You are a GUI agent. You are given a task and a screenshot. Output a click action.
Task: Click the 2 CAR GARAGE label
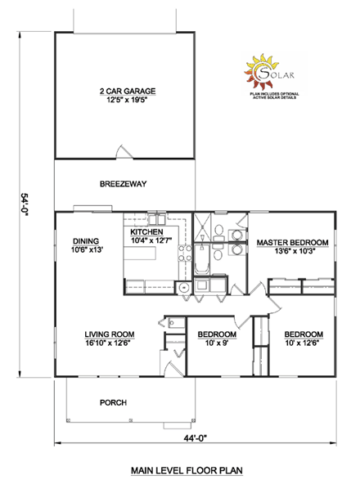point(128,91)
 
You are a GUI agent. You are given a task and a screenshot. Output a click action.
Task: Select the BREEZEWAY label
point(123,184)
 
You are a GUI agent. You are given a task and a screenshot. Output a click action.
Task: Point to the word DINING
point(86,241)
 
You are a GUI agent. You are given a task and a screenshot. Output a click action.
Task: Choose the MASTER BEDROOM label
point(292,243)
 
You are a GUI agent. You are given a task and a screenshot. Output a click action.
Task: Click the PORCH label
point(112,402)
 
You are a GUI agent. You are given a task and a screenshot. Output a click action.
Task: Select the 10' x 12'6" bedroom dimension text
point(304,344)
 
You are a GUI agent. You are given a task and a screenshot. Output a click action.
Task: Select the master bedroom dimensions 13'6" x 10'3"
point(292,253)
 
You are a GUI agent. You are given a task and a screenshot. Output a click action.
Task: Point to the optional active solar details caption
point(272,96)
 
